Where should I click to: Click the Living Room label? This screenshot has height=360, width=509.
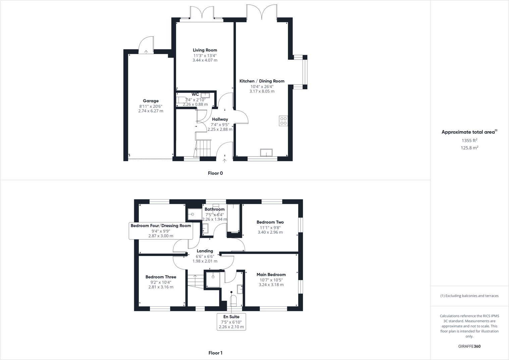[x=205, y=50]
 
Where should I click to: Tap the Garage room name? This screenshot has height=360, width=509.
[x=151, y=101]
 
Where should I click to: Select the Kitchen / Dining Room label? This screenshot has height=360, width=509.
[x=262, y=81]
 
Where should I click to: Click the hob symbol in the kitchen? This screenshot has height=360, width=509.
[x=283, y=121]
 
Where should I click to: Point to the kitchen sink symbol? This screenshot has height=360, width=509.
[x=266, y=153]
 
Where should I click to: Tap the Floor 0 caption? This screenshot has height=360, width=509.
[x=215, y=173]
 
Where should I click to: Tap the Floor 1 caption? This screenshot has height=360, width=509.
[x=215, y=353]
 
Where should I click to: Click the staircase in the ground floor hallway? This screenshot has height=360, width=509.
[x=203, y=148]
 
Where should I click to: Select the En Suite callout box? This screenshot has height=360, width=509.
[x=231, y=322]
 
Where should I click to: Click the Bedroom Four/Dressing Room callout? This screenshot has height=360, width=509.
[x=161, y=231]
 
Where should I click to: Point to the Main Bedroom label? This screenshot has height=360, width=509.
[x=271, y=275]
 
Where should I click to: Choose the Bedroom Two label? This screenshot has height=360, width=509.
[x=270, y=222]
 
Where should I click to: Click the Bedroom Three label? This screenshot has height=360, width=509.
[x=161, y=277]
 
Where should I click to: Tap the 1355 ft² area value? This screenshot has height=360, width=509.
[x=469, y=140]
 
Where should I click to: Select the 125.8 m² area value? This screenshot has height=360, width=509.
[x=469, y=148]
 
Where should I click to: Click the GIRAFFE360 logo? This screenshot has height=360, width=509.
[x=469, y=346]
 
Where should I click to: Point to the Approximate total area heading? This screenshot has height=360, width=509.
[x=469, y=132]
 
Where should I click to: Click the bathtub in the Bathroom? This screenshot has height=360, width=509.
[x=233, y=218]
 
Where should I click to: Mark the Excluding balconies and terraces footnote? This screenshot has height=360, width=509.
[x=469, y=296]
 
